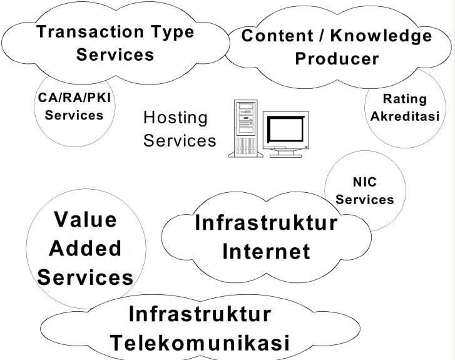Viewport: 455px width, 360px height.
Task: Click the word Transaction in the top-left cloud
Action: [x=90, y=31]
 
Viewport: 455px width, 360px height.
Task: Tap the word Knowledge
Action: [x=381, y=36]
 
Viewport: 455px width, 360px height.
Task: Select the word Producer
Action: [x=337, y=59]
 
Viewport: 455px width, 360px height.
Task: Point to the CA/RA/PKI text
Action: [x=74, y=98]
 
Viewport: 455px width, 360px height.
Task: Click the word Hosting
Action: [x=176, y=118]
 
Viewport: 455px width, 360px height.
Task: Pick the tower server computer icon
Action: [x=246, y=128]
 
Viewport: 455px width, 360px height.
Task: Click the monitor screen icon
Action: [x=286, y=134]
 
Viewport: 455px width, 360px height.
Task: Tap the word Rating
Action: [x=405, y=100]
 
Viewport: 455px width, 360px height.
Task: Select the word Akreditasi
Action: [x=405, y=116]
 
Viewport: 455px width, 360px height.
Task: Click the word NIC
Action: [x=365, y=182]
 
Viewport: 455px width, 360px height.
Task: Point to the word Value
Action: [x=86, y=220]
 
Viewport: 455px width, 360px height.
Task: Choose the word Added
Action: [x=85, y=248]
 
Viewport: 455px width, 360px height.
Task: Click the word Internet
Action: [x=266, y=252]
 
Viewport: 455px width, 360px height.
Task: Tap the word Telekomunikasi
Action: [x=200, y=343]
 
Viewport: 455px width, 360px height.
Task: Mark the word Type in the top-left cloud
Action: [x=172, y=32]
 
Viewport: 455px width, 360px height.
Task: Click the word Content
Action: [x=277, y=36]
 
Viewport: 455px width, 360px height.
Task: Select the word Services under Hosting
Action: [x=180, y=140]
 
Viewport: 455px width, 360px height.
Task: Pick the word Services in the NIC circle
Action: [x=365, y=200]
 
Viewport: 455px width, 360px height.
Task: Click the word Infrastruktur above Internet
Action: [x=266, y=223]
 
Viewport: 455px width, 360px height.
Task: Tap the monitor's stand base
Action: [x=286, y=156]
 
